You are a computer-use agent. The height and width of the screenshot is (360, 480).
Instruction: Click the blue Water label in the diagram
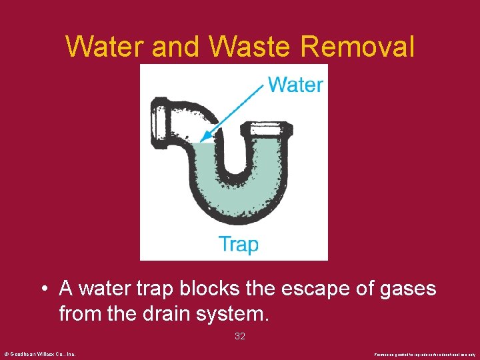pyautogui.click(x=295, y=85)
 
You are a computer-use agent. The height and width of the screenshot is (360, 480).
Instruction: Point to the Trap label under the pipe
pyautogui.click(x=238, y=244)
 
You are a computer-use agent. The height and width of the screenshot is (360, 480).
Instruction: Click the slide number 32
pyautogui.click(x=240, y=337)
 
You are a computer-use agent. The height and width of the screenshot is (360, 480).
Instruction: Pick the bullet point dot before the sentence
pyautogui.click(x=43, y=290)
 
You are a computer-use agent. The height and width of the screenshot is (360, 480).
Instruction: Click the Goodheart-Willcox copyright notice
pyautogui.click(x=40, y=354)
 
